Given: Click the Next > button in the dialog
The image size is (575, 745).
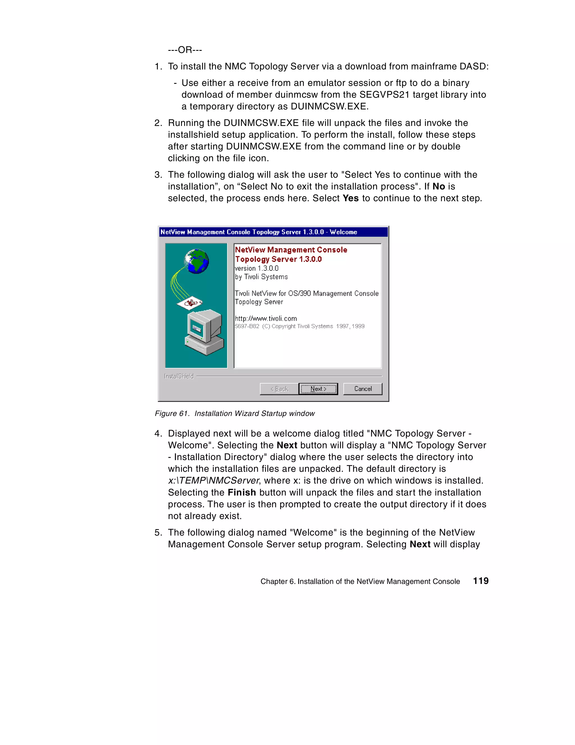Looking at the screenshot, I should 318,389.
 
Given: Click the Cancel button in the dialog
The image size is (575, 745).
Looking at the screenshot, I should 363,389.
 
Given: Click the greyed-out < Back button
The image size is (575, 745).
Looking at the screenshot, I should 279,389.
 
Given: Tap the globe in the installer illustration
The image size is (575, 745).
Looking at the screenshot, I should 196,261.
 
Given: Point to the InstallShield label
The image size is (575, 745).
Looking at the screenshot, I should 179,376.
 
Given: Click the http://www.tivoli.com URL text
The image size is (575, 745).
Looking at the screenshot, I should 266,318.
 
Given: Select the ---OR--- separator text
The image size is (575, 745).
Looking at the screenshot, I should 185,50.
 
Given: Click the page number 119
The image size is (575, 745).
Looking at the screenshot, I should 481,581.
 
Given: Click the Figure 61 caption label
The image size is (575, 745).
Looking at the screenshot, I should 172,413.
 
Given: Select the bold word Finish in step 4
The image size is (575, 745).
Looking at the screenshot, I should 242,492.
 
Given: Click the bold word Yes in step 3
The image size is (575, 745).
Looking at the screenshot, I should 350,198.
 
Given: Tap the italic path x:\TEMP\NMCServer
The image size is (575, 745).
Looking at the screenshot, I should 214,480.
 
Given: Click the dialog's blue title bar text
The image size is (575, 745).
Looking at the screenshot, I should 258,232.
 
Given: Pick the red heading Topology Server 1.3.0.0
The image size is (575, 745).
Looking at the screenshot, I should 278,259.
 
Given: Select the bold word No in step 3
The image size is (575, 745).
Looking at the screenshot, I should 439,186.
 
